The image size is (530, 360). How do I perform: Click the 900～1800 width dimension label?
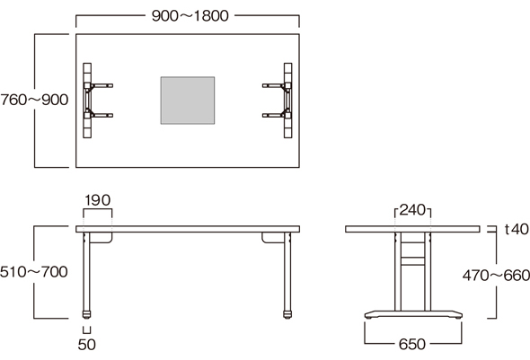[190, 16]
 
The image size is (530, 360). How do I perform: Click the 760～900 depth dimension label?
[34, 100]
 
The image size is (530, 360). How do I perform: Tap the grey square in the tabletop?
[188, 101]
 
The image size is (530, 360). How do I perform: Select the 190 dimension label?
[97, 200]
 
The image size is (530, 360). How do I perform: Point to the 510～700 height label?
[34, 272]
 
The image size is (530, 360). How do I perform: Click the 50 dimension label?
[87, 345]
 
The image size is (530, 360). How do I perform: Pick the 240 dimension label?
[412, 210]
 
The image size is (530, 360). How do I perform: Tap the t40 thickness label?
[517, 229]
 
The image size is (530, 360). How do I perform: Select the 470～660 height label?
[496, 276]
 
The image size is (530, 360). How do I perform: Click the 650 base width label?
[412, 345]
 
